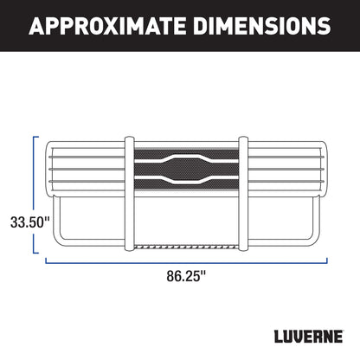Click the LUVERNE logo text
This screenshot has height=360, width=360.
coord(301,334)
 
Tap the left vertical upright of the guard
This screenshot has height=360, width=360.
coord(130,196)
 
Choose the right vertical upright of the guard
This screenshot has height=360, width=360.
coord(243,196)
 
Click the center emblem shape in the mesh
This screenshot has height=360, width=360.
coord(186,164)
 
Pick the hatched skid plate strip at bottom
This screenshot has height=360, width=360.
coord(186,246)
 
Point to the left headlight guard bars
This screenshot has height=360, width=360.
coord(87,164)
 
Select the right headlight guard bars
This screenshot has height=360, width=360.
coord(286,164)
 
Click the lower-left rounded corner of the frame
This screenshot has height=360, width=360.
coord(60,243)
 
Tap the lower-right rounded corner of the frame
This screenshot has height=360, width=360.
coord(313,243)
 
